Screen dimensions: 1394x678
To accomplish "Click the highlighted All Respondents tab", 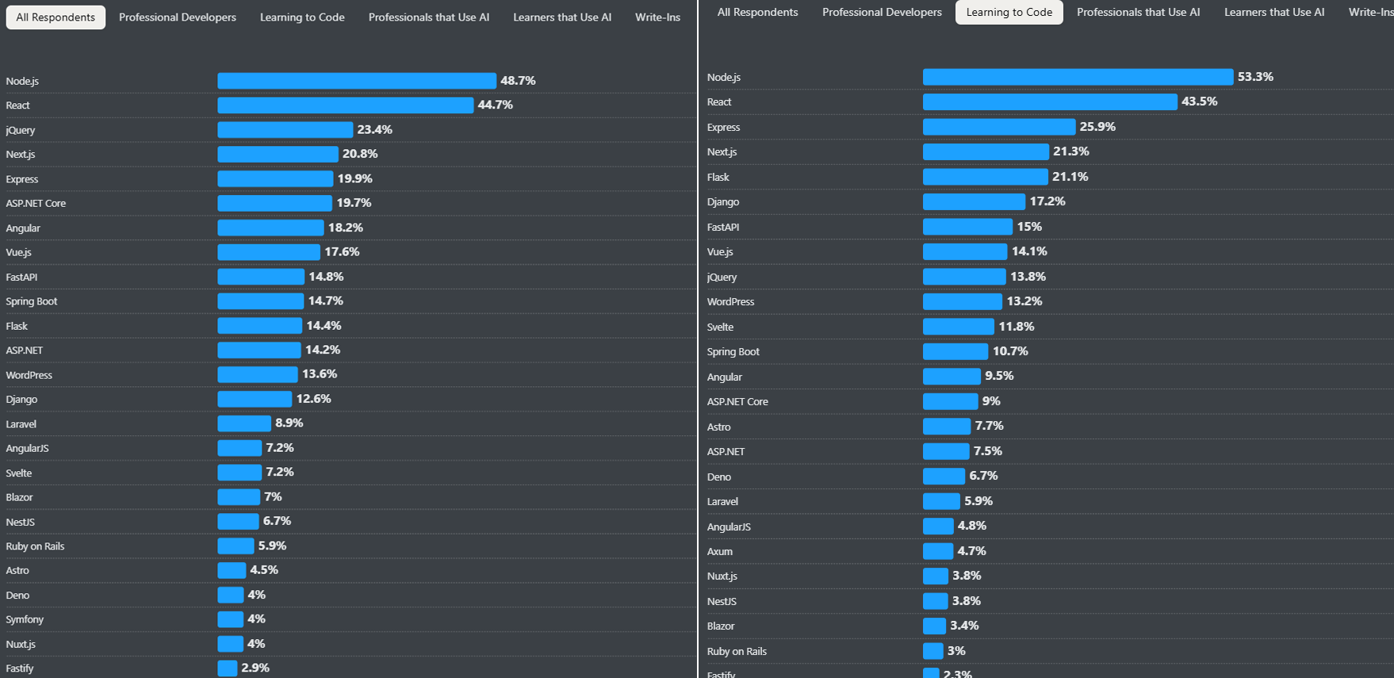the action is (56, 17).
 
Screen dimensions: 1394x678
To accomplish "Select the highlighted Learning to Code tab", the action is (1009, 13).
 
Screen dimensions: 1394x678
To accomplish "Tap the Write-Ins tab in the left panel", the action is (657, 17).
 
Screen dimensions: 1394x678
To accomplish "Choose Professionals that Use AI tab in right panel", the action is (1138, 13).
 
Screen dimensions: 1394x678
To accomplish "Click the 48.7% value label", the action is (518, 81).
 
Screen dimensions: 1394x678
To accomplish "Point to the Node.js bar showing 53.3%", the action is (1078, 77).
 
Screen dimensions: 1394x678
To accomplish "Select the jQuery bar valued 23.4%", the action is (285, 130).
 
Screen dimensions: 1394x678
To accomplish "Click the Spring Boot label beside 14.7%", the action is (32, 301).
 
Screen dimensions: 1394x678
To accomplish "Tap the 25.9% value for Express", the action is (1097, 127).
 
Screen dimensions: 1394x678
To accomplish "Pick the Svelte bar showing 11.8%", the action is (958, 327).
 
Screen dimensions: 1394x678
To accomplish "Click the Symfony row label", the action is (25, 619).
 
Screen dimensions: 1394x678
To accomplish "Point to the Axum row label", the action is (720, 551).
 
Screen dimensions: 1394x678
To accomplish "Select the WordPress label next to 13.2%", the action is (730, 302).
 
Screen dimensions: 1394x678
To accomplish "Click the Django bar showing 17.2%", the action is (974, 202).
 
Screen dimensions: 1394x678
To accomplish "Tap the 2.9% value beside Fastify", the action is (255, 668).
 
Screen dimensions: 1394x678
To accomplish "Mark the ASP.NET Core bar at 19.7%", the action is (275, 204).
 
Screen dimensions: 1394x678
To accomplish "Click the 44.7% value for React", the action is (495, 105).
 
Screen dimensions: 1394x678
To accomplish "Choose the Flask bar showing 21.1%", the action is (985, 177).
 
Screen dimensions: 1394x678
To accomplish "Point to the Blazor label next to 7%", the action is (20, 497).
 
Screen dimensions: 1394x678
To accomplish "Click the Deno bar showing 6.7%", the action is (944, 477).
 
